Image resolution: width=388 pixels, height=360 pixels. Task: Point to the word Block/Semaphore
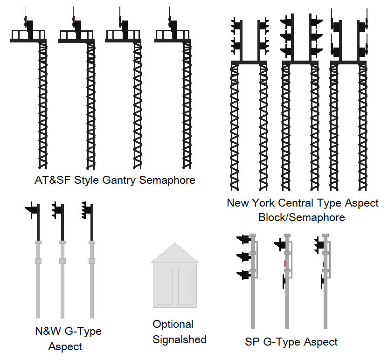[x=302, y=217]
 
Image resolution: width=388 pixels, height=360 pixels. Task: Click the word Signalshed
[x=179, y=339]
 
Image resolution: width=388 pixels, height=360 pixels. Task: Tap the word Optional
[x=173, y=324]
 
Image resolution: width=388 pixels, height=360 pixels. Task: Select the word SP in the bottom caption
[x=252, y=342]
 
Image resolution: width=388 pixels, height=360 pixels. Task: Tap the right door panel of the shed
[x=186, y=286]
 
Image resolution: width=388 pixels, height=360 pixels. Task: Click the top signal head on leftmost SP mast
[x=243, y=240]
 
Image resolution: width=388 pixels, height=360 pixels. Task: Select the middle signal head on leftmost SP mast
[x=243, y=257]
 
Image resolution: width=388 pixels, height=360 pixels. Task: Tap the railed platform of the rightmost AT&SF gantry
[x=173, y=35]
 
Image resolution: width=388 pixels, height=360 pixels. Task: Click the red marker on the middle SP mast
[x=285, y=264]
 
